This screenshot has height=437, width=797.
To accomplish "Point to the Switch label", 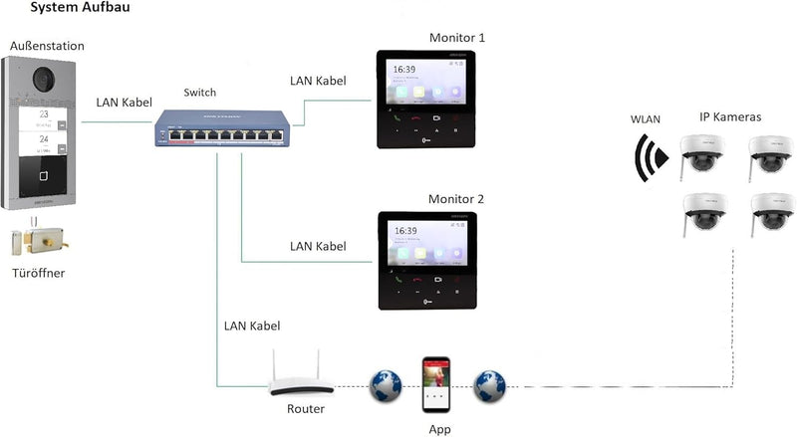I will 199,93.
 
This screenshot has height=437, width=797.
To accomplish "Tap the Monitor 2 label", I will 456,199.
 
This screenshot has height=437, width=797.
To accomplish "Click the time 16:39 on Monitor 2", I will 405,231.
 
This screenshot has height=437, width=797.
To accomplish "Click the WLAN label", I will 645,119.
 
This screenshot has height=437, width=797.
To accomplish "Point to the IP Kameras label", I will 729,116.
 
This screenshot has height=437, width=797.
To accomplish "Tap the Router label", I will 306,409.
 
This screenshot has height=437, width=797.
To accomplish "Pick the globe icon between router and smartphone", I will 385,386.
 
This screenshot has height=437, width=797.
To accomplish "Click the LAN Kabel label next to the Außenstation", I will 125,102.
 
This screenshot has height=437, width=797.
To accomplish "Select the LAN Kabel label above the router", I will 253,326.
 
